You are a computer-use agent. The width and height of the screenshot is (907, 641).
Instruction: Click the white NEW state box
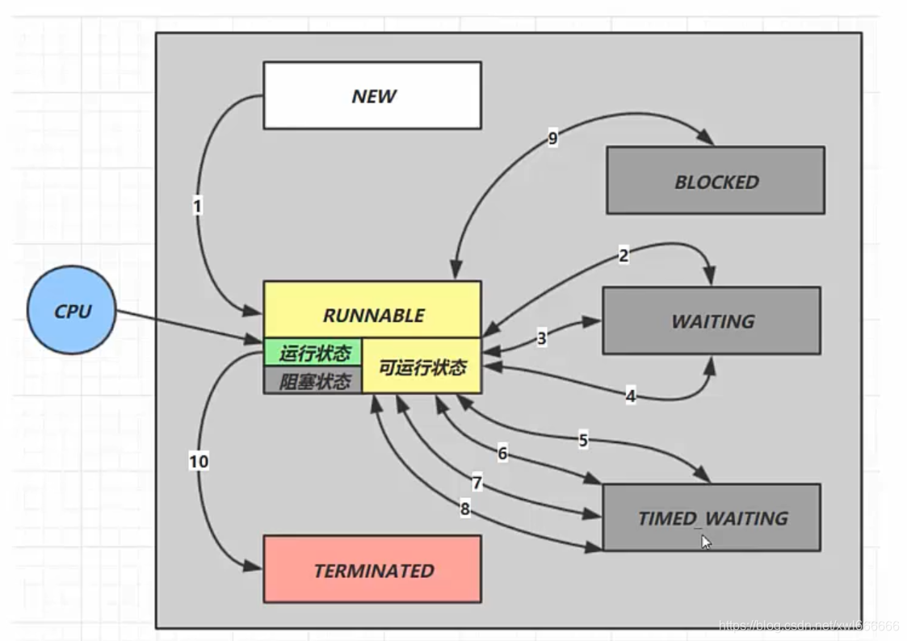372,95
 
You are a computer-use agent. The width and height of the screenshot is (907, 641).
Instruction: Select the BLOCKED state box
716,181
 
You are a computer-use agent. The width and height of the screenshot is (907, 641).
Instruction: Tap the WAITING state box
712,320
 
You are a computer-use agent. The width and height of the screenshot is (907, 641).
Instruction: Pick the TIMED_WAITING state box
712,517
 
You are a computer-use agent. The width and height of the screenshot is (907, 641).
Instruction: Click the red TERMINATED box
372,570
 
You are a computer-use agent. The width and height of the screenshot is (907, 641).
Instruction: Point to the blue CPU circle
72,310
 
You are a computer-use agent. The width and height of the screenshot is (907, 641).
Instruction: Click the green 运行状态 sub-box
314,353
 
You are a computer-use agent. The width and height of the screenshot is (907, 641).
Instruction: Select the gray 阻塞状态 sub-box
314,381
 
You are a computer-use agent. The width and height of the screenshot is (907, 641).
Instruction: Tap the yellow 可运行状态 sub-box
422,367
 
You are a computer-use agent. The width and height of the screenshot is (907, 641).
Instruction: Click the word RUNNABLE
373,315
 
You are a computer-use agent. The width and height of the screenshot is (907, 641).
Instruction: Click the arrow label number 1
197,207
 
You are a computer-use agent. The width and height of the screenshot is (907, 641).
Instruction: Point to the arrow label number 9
552,139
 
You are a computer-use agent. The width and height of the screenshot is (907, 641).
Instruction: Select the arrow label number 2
623,256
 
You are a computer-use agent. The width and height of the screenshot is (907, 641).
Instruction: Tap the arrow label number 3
541,338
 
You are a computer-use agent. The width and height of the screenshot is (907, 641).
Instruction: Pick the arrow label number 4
630,396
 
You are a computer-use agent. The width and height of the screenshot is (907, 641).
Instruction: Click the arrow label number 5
583,441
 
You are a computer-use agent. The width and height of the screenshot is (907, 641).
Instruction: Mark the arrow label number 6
502,454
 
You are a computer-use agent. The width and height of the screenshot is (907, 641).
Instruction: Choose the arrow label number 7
477,484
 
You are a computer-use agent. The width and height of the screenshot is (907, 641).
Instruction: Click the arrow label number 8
464,509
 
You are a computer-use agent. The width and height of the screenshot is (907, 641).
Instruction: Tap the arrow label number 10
199,461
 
